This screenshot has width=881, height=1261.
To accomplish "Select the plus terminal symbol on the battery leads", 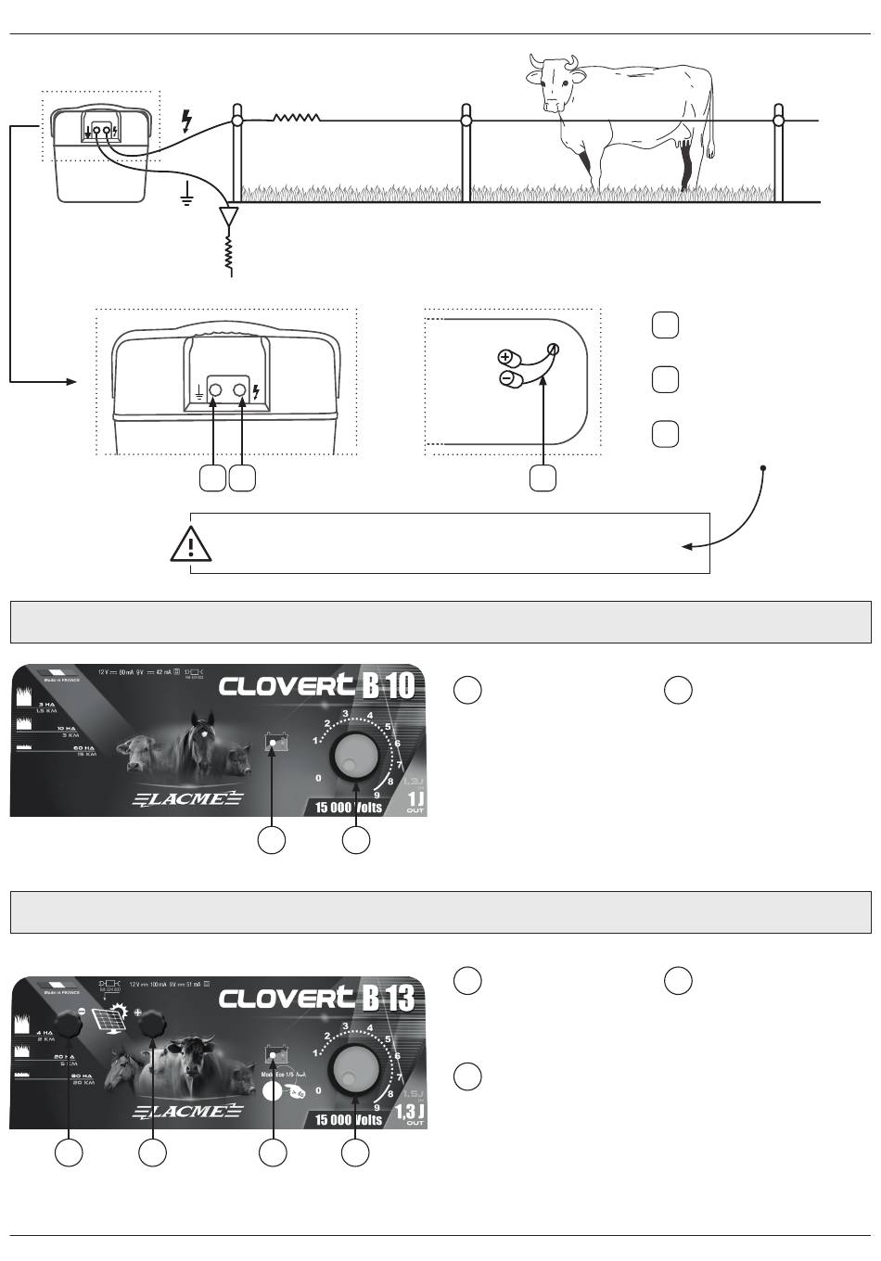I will pos(506,357).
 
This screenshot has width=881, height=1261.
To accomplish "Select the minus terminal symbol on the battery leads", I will pos(506,378).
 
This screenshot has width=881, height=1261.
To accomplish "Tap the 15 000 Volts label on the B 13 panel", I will pos(349,1119).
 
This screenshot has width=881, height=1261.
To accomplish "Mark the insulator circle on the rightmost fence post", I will pos(778,121).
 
